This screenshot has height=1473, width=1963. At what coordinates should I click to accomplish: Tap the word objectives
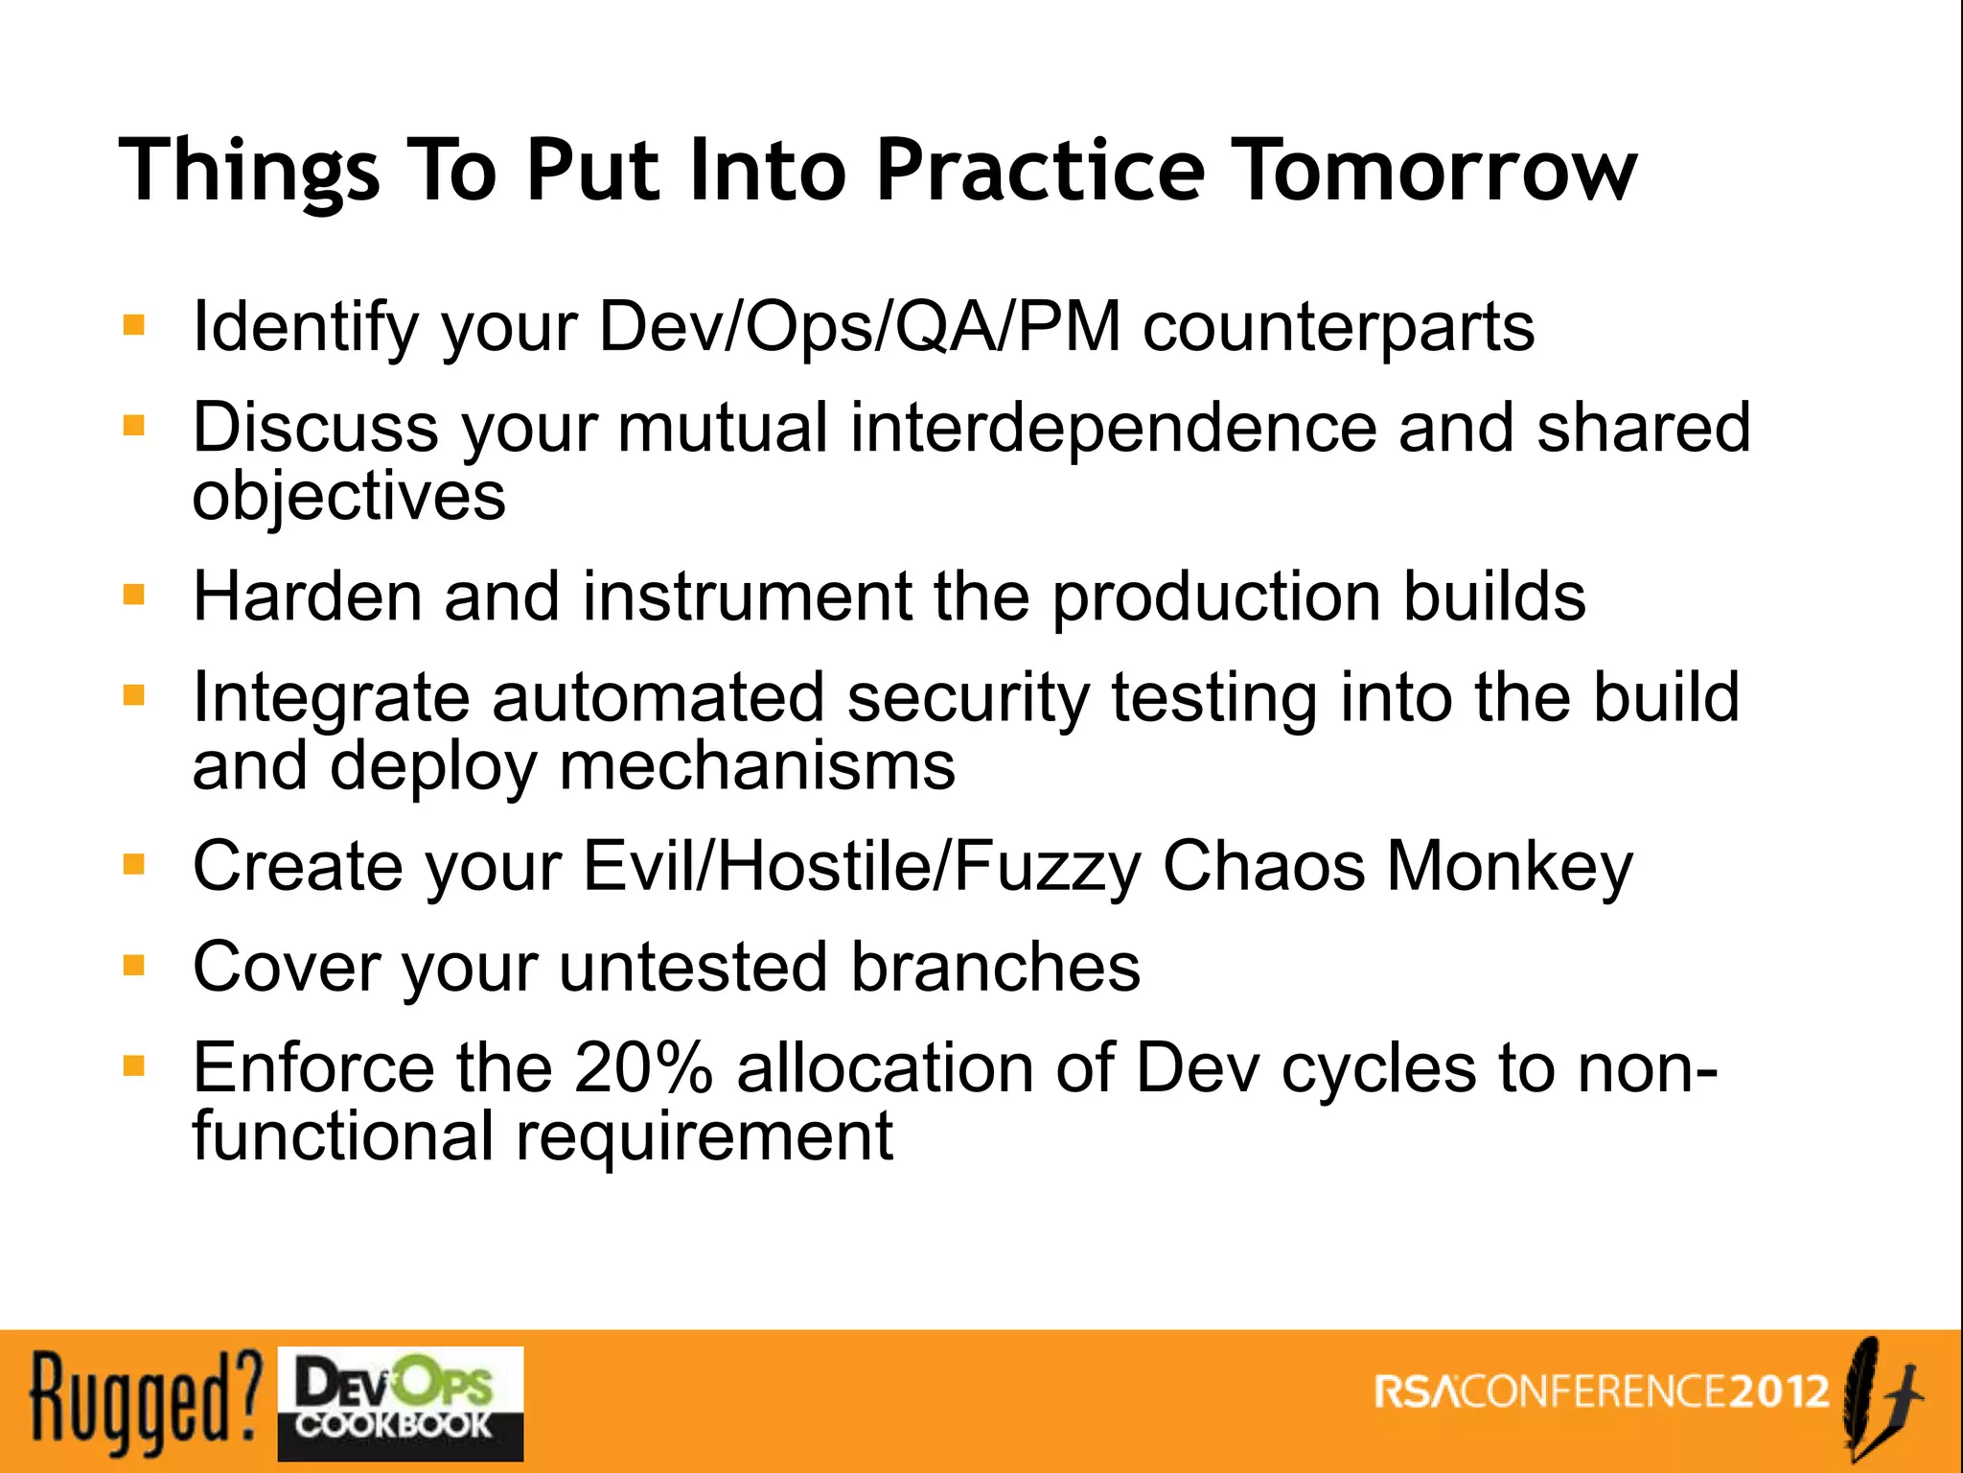[349, 499]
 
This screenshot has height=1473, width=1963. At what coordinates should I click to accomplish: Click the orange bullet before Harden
[134, 595]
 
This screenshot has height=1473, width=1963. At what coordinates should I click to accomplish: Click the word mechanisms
[757, 767]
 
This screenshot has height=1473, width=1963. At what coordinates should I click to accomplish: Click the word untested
[694, 967]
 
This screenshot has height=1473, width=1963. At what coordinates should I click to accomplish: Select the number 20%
[643, 1067]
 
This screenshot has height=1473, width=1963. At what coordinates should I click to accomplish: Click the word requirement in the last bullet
[704, 1137]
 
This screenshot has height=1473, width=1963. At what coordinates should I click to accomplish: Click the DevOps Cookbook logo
[401, 1403]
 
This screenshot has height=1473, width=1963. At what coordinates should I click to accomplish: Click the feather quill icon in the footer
[1877, 1398]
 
